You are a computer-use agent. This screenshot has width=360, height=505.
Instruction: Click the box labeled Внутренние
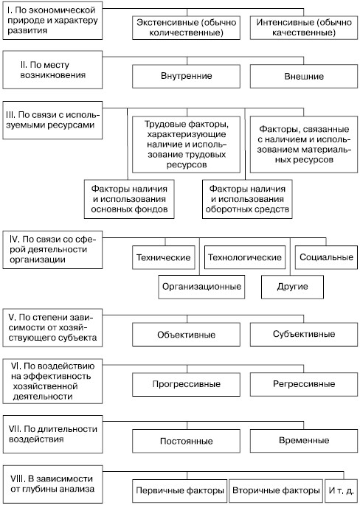(x=186, y=77)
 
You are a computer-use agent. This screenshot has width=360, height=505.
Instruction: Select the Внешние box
(x=304, y=77)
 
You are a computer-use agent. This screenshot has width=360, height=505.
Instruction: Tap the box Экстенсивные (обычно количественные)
(x=186, y=28)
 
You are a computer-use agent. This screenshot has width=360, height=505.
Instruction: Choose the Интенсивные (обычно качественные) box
(x=304, y=28)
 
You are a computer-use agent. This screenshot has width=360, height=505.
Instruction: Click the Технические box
(x=164, y=257)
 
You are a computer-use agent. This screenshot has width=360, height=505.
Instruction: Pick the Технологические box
(x=245, y=257)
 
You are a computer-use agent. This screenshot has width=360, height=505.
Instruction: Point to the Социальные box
(x=326, y=257)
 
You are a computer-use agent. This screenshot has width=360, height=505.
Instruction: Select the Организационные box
(x=201, y=287)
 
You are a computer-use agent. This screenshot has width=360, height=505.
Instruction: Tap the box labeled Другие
(x=292, y=287)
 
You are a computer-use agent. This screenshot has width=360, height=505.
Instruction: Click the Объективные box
(x=186, y=335)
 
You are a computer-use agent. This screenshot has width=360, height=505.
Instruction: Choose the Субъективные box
(x=304, y=334)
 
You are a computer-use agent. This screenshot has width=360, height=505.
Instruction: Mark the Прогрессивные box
(x=186, y=384)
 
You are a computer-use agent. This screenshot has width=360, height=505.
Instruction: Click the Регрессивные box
(x=304, y=384)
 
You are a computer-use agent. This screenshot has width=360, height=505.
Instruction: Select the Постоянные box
(x=186, y=441)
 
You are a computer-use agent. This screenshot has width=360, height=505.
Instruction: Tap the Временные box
(x=304, y=441)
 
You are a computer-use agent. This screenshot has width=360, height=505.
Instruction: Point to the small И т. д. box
(x=342, y=491)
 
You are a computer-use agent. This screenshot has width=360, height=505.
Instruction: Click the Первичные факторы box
(x=179, y=491)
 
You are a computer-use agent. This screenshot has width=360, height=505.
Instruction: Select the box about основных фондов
(x=129, y=199)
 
